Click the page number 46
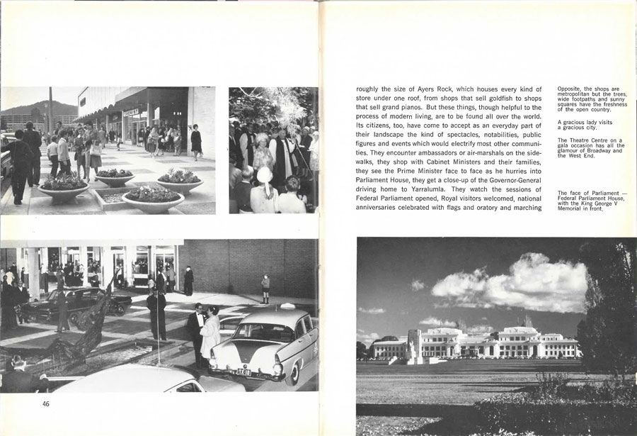pos(45,404)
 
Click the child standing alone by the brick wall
pos(265,288)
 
